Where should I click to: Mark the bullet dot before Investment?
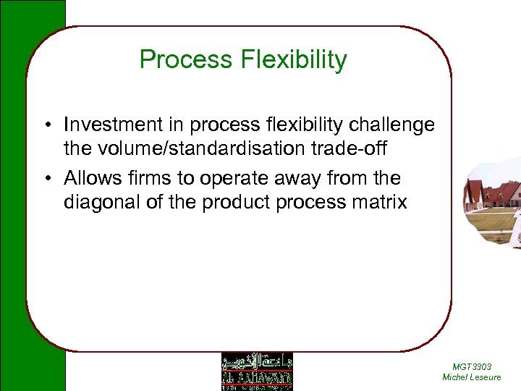[x=46, y=126]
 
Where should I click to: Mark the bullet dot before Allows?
[x=46, y=179]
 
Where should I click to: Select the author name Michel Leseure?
[x=471, y=377]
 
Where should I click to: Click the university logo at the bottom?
[x=257, y=371]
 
